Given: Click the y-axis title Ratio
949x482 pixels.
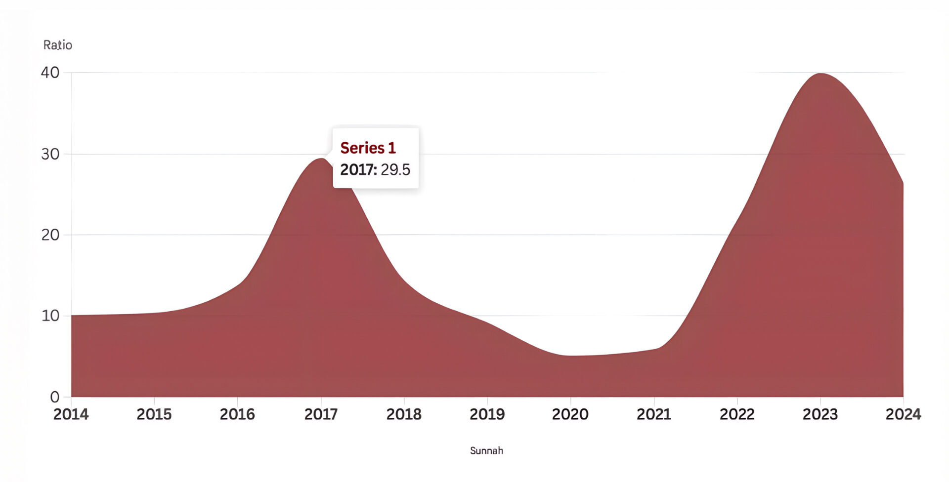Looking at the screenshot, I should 58,45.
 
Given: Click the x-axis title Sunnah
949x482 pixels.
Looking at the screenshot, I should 486,450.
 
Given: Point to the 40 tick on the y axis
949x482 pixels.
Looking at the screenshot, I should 50,73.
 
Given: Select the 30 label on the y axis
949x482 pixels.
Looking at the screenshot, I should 50,154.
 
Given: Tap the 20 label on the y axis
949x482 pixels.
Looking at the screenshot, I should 50,235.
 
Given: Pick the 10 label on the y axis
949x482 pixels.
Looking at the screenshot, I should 50,316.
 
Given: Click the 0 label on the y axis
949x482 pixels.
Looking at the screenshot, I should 54,397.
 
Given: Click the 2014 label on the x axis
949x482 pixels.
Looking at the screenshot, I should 71,414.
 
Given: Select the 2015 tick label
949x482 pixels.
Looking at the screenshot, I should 154,414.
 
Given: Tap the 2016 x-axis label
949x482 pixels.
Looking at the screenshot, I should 237,414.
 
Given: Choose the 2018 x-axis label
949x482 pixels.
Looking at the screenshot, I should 404,414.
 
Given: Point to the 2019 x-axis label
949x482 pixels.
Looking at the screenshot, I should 487,414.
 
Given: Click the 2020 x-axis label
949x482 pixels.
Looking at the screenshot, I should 570,414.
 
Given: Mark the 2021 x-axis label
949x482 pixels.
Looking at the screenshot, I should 654,414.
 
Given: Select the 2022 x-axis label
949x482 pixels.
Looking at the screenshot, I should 737,414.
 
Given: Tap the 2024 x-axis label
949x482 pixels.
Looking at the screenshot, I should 903,414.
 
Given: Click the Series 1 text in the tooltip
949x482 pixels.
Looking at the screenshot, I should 368,148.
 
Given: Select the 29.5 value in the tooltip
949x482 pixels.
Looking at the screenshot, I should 395,169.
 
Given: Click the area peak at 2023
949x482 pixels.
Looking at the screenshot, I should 820,74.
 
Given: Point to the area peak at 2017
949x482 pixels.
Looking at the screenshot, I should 321,159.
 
